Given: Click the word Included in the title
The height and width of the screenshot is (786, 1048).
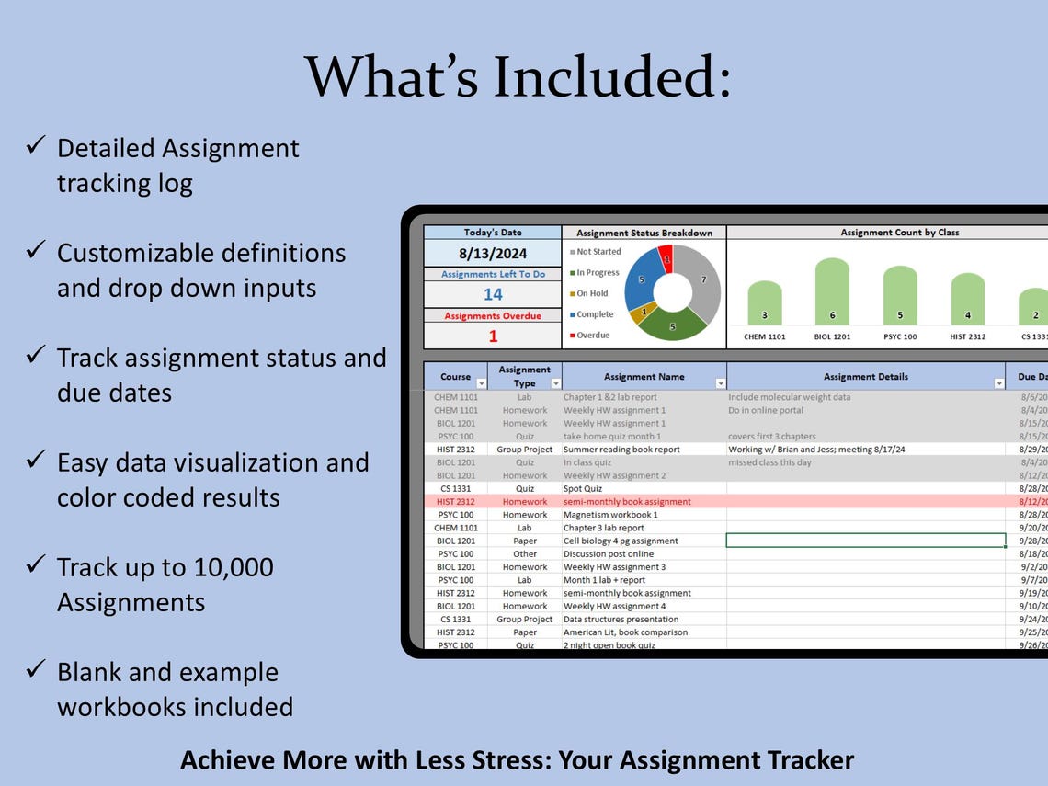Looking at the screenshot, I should pyautogui.click(x=612, y=76).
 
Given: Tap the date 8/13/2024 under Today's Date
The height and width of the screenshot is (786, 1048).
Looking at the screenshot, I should pyautogui.click(x=492, y=253).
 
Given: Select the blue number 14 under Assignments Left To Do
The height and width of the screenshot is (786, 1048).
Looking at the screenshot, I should pyautogui.click(x=493, y=294).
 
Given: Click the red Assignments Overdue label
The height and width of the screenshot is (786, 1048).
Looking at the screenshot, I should pyautogui.click(x=493, y=315).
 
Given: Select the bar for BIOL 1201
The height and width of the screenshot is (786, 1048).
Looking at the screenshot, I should pyautogui.click(x=832, y=291).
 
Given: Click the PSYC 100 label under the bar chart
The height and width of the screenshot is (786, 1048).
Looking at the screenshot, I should pyautogui.click(x=900, y=336).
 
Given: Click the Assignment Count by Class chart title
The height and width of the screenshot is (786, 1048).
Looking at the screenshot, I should pyautogui.click(x=899, y=233).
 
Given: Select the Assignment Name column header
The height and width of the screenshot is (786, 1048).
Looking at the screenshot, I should pyautogui.click(x=644, y=376).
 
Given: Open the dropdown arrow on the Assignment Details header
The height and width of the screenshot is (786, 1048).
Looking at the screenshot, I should pyautogui.click(x=999, y=383).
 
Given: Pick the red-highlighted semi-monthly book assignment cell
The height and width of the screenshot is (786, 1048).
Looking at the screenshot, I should pyautogui.click(x=627, y=502).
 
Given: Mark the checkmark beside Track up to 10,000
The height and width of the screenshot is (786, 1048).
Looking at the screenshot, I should pyautogui.click(x=37, y=564).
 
